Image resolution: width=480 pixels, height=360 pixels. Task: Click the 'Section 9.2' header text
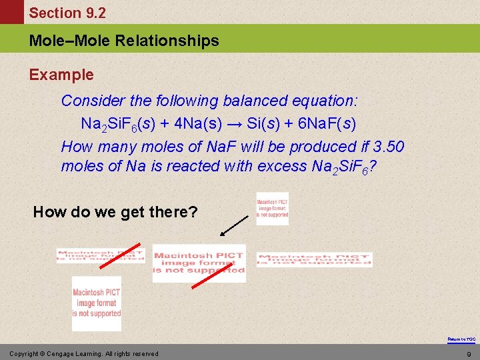pos(67,13)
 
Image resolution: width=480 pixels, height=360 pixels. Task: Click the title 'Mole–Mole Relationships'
pos(124,41)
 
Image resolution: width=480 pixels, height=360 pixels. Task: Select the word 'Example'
pos(61,75)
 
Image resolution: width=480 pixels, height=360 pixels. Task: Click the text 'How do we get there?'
pos(115,212)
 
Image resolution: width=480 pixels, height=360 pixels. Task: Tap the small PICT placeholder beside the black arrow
pos(273,209)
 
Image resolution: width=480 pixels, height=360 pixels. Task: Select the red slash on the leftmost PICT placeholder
pos(115,255)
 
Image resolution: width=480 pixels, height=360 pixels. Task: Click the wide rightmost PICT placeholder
pos(315,260)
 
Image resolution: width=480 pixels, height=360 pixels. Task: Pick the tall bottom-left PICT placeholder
pos(97,303)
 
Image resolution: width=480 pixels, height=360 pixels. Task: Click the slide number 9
pos(469,353)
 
